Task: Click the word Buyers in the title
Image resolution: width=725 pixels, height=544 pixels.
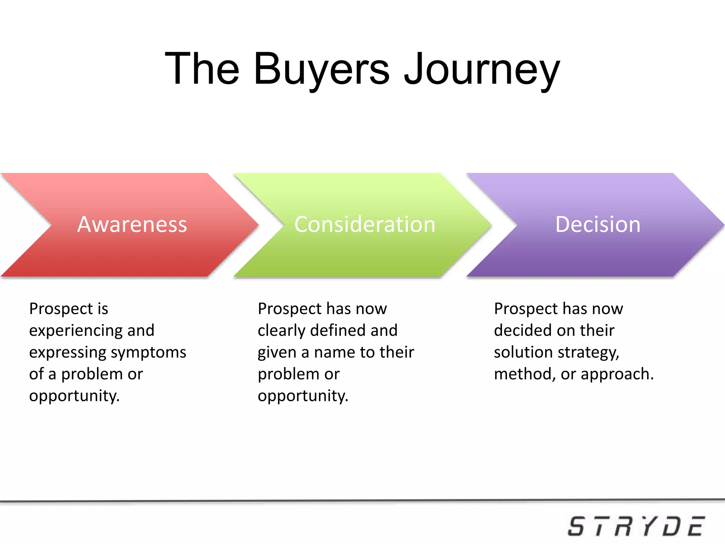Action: click(321, 69)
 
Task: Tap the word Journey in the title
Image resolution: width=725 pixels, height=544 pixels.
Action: click(482, 69)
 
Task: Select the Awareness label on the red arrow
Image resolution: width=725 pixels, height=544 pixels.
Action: click(132, 225)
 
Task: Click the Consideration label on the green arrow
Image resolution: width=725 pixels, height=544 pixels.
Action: click(365, 225)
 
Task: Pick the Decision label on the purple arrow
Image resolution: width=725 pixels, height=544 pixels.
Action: click(598, 225)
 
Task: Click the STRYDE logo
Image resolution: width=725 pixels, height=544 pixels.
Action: click(636, 526)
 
